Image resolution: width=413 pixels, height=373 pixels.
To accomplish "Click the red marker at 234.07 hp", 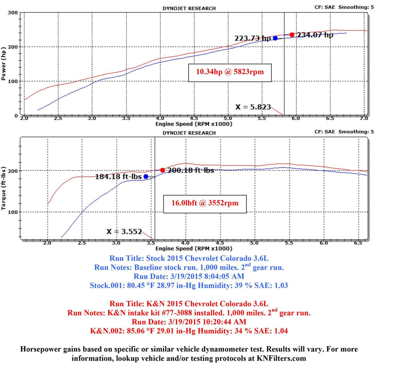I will coord(292,35).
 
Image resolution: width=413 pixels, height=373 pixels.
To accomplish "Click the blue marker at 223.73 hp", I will coord(275,38).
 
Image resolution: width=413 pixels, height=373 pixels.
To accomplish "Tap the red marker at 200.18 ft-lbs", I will coord(163,170).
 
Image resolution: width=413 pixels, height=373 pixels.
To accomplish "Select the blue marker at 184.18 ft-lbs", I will coord(146,176).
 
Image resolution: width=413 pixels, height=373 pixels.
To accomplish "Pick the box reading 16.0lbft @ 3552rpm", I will coord(204,203).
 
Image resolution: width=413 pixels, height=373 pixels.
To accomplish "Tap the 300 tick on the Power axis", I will coord(13,13).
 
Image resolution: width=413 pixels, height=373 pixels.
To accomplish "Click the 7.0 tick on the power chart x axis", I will coord(364,119).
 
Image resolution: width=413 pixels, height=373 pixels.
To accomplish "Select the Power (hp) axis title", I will coord(4,65).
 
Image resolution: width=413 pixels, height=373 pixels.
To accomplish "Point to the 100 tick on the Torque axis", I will coord(13,212).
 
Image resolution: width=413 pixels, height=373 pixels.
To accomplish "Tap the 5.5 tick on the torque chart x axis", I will coord(289,243).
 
